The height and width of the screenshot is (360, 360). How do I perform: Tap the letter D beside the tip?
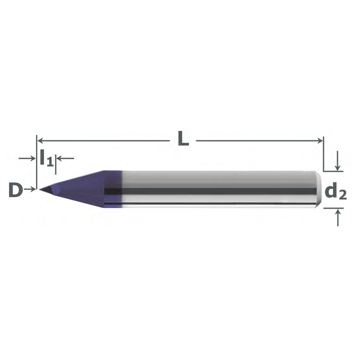point(16,190)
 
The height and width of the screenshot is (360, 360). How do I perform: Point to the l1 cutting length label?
point(46,158)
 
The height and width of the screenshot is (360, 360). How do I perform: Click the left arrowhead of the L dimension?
point(40,140)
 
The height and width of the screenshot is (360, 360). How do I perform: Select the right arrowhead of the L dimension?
point(320,140)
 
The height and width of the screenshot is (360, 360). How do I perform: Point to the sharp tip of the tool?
point(40,189)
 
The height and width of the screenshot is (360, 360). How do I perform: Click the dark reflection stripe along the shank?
point(216,191)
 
